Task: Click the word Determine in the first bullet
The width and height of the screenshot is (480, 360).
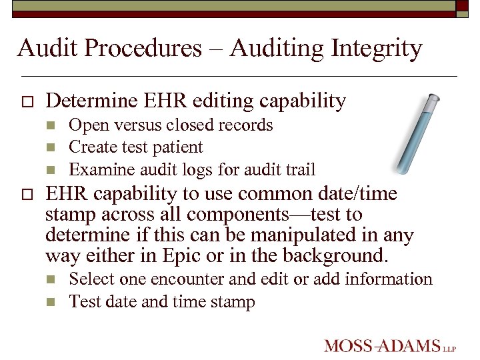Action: tap(84, 101)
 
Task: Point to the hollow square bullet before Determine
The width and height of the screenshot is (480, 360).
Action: tap(26, 102)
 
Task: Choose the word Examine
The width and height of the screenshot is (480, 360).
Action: tap(93, 169)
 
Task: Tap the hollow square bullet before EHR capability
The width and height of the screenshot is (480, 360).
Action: tap(26, 195)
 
